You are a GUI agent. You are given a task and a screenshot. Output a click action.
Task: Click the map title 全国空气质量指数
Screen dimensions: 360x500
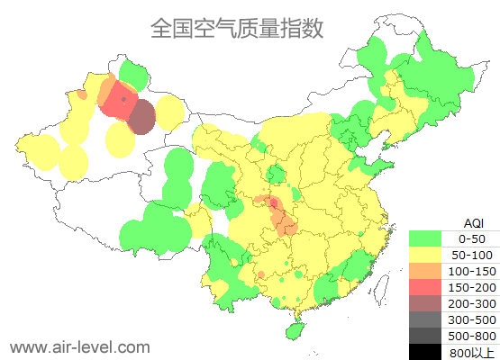(x=236, y=28)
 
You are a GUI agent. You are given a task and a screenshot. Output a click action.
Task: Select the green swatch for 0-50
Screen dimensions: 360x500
(x=425, y=238)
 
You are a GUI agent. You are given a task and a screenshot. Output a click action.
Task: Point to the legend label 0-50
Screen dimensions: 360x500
(x=472, y=238)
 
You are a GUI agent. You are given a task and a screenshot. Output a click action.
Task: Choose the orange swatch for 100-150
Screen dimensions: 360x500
(x=425, y=271)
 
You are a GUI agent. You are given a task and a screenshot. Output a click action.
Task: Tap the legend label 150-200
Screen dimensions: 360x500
(x=472, y=287)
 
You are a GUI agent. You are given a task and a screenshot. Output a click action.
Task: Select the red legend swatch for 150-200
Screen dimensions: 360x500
(x=425, y=287)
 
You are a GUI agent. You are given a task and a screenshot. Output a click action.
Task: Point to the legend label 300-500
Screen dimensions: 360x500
(x=472, y=319)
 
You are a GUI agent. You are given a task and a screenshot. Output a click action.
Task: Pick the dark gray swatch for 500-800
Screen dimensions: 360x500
(x=425, y=336)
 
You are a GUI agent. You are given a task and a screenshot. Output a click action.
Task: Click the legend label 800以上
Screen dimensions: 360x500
(x=472, y=352)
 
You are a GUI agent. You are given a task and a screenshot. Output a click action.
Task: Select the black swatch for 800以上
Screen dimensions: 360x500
(x=425, y=352)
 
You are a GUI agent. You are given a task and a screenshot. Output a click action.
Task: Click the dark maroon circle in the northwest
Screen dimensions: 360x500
(x=142, y=117)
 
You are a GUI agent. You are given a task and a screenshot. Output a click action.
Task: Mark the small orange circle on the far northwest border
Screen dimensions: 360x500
(x=82, y=94)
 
